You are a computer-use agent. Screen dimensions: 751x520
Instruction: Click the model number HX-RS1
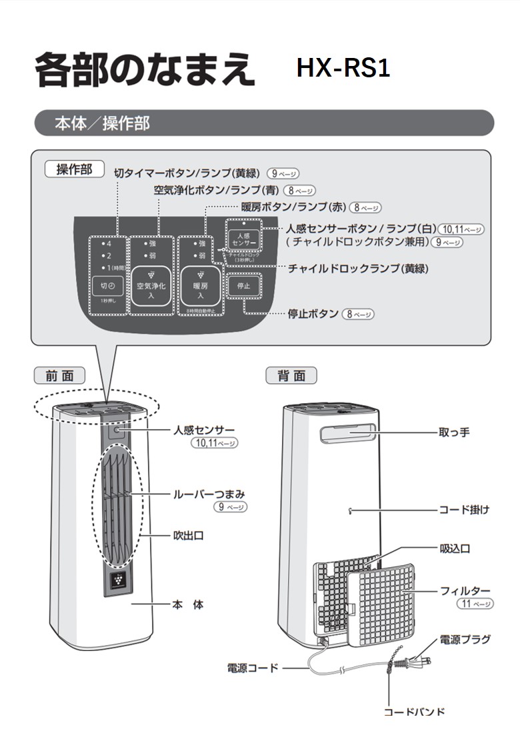click(343, 69)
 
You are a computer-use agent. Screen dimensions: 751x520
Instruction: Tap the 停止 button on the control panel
click(243, 285)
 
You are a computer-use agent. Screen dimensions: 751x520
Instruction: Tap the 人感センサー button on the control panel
click(241, 239)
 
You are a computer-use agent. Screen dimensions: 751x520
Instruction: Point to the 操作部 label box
click(74, 169)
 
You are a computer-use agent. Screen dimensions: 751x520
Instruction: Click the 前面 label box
click(60, 376)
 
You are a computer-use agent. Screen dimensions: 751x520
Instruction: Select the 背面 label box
click(291, 376)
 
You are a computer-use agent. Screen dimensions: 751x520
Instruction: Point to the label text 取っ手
click(454, 432)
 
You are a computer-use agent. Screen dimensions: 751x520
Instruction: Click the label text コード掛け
click(464, 510)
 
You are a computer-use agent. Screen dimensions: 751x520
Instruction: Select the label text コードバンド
click(414, 712)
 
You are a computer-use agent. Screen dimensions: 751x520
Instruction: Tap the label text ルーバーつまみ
click(209, 494)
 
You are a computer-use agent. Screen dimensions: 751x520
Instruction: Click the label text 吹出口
click(189, 535)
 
